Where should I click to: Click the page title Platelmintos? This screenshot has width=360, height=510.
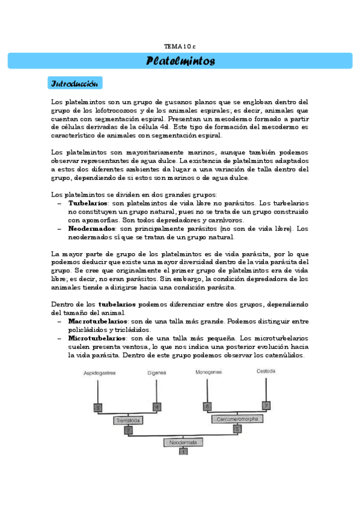point(180,61)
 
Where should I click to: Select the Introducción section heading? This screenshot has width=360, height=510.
point(76,82)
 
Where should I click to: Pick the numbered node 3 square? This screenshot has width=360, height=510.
point(99,407)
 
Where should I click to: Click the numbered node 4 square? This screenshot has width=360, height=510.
point(157,407)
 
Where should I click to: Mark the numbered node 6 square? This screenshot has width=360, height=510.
point(208,407)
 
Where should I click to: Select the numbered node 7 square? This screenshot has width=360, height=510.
point(266,406)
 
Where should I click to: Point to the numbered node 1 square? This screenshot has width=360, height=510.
point(184,451)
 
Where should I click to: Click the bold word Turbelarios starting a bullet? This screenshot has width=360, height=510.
point(84,204)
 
